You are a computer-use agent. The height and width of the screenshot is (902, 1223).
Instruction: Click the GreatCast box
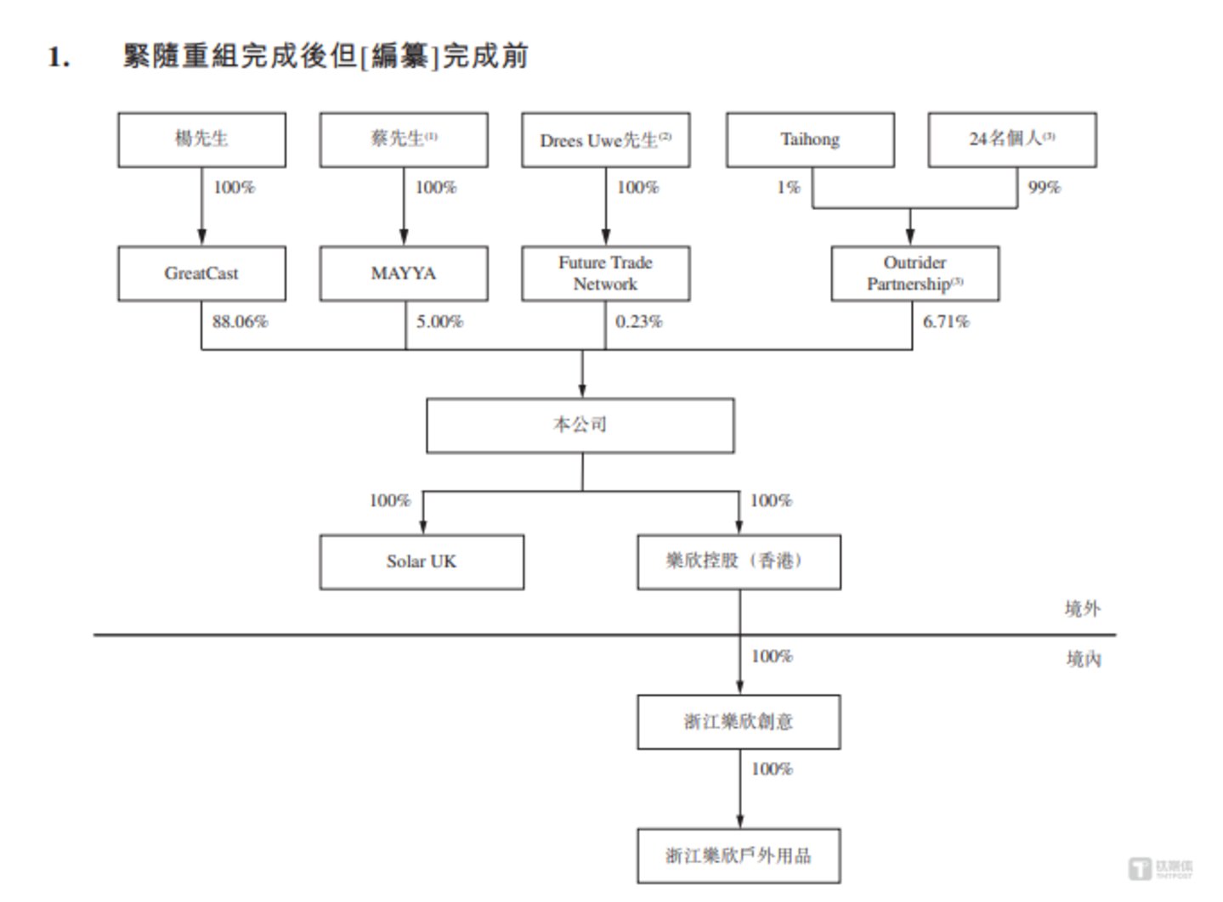201,273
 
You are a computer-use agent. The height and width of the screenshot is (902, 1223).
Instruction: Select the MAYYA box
404,273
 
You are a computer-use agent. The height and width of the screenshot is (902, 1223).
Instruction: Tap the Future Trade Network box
605,273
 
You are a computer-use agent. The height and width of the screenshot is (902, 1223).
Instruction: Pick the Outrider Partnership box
914,273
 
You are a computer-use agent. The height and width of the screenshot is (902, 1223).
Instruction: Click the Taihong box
810,139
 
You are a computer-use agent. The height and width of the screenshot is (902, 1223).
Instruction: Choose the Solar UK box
422,561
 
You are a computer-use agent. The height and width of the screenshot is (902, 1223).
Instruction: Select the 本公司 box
580,425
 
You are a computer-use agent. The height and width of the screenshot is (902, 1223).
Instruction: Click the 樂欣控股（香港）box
739,561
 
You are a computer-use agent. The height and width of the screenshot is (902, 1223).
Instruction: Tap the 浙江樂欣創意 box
739,722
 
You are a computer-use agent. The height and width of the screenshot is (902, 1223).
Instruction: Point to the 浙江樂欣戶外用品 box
739,855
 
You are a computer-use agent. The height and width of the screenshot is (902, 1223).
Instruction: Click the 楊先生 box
201,139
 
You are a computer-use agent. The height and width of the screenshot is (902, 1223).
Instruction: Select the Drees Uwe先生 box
605,139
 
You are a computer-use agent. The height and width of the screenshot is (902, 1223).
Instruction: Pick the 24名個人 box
1011,139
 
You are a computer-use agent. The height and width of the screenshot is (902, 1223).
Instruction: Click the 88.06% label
240,322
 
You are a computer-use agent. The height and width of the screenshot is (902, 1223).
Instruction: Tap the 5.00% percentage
439,322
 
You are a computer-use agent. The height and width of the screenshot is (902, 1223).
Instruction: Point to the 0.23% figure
638,322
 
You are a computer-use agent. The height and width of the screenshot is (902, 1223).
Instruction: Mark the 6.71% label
946,322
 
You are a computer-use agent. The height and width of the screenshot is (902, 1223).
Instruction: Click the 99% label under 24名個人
1044,188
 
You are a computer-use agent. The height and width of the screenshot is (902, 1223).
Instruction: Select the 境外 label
1082,608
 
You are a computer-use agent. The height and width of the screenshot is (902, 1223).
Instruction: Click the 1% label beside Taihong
788,188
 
